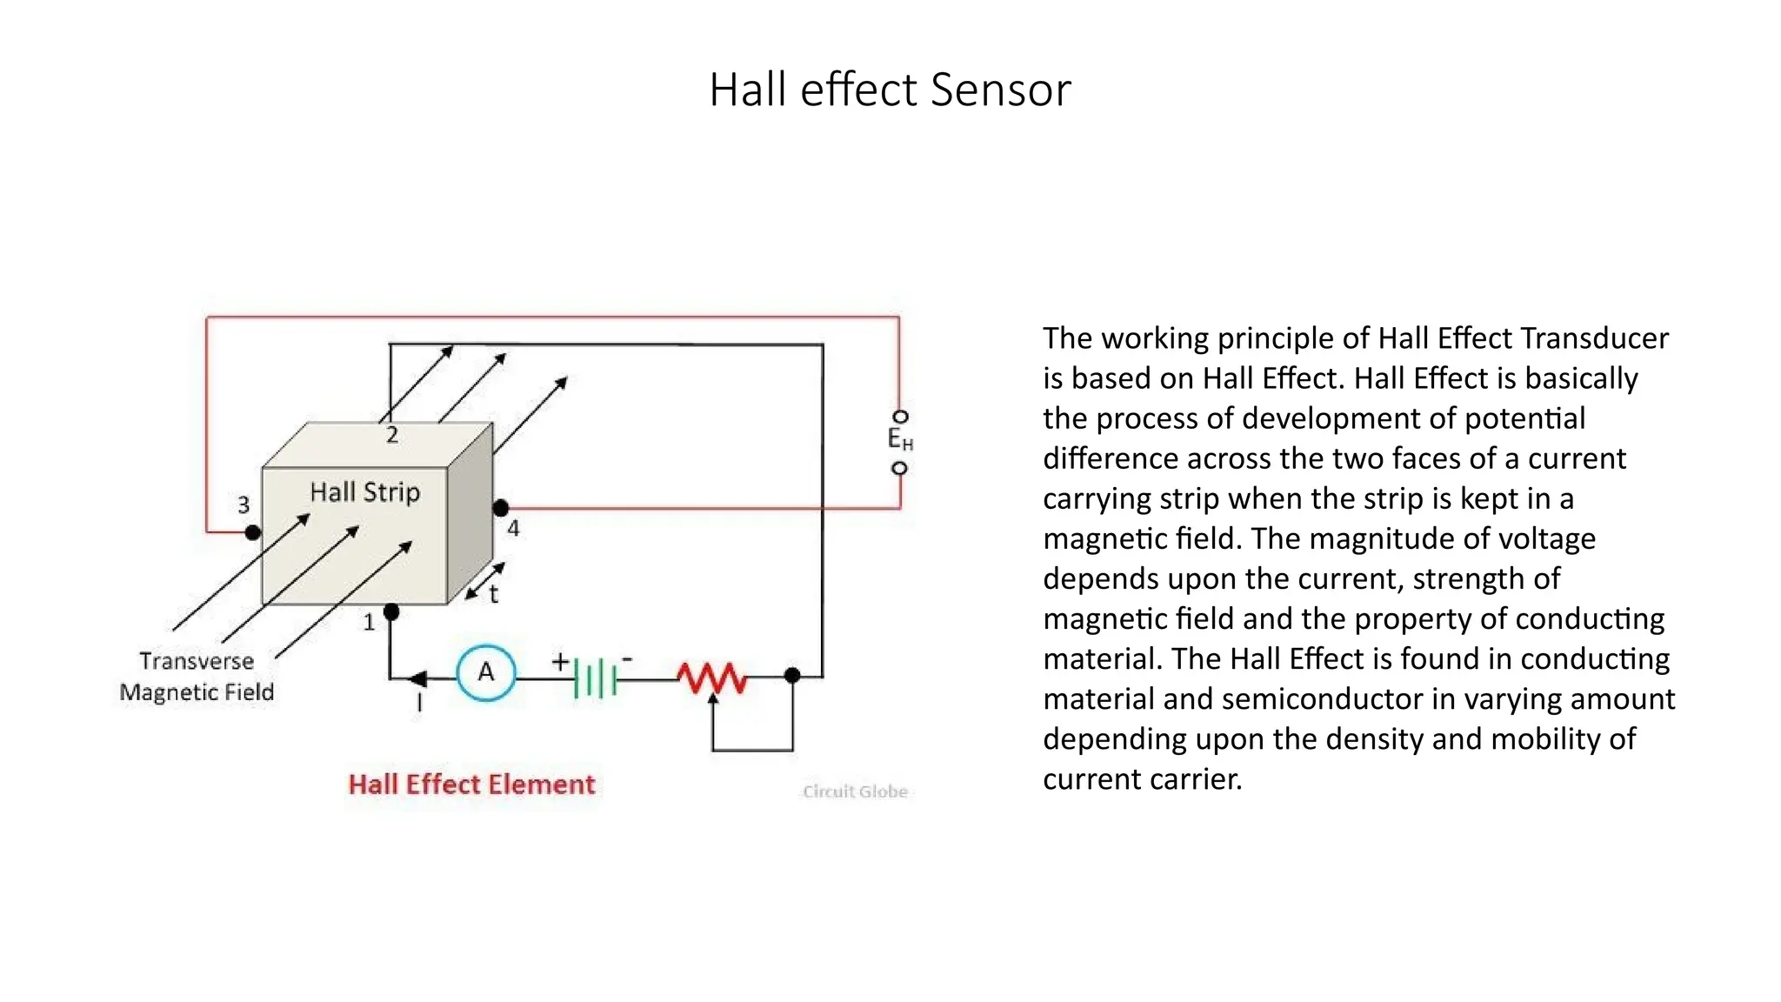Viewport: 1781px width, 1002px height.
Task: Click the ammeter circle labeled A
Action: coord(486,671)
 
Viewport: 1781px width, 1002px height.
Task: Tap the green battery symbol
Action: coord(596,678)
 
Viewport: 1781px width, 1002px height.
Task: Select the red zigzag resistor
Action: coord(712,678)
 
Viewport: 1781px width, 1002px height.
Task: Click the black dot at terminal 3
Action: coord(252,531)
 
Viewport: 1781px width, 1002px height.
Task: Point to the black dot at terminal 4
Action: coord(501,507)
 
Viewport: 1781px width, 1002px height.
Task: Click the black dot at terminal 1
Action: coord(391,612)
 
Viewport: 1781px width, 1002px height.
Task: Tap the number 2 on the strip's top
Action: coord(392,435)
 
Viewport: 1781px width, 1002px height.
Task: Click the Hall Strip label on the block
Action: coord(365,492)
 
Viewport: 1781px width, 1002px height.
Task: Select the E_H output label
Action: coord(900,440)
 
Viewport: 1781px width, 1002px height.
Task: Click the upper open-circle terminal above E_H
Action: coord(900,417)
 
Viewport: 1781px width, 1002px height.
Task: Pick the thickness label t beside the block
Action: coord(493,595)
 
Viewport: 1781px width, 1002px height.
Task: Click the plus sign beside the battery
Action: coord(560,662)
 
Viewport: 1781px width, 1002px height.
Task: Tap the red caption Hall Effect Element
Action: coord(471,785)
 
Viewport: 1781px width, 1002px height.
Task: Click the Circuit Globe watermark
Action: coord(855,792)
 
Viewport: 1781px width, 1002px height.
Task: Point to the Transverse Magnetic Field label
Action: coord(197,677)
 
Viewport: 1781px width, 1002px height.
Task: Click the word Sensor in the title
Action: coord(1000,90)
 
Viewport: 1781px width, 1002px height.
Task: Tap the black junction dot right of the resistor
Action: coord(792,675)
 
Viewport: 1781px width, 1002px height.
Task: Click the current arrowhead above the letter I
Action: coord(418,678)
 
